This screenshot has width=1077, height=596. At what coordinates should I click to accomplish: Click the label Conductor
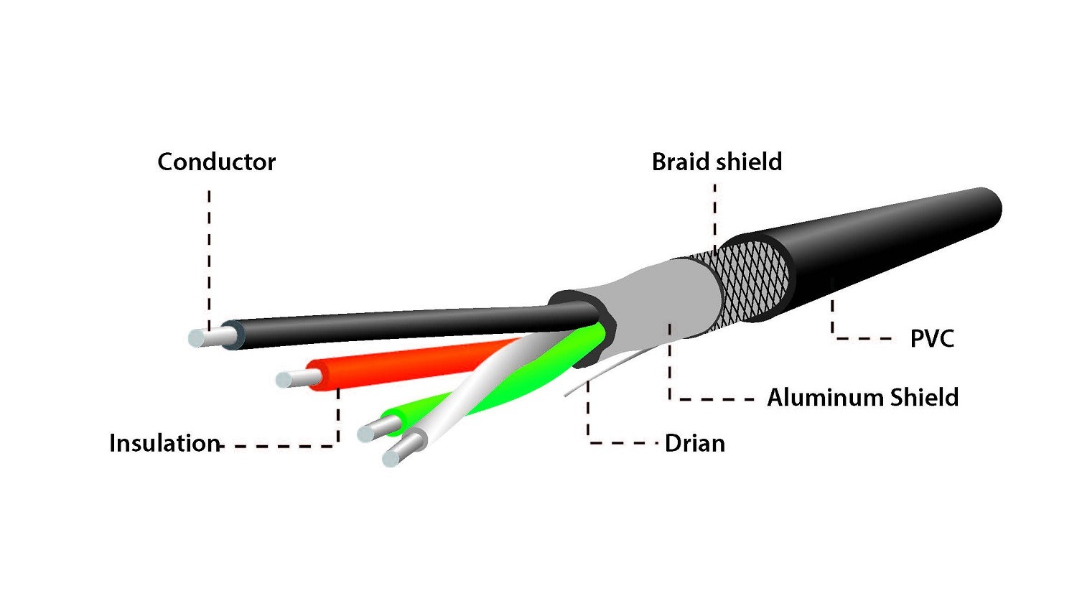(216, 162)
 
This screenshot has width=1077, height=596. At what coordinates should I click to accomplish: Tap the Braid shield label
(717, 162)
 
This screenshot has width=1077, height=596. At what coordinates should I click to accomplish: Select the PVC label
(932, 338)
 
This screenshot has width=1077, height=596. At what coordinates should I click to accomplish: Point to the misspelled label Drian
(694, 443)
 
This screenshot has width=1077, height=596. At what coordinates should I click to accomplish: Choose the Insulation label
(164, 443)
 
